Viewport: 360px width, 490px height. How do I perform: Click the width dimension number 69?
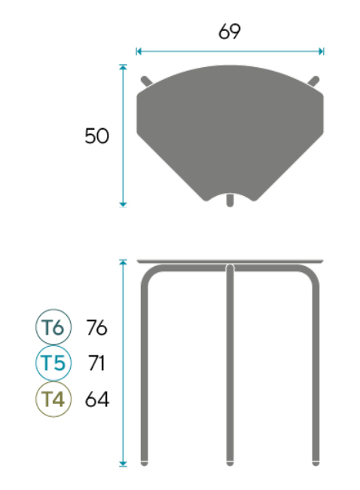pos(230,32)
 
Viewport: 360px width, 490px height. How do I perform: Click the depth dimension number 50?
pos(97,136)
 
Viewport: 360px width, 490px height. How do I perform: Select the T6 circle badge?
pos(53,327)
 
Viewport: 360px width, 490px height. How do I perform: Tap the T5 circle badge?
pos(53,363)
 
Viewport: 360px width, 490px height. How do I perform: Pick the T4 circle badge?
pos(53,399)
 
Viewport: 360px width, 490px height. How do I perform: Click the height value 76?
pos(97,327)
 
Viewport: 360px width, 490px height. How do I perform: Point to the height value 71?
pos(96,363)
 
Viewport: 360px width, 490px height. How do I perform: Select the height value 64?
pos(97,399)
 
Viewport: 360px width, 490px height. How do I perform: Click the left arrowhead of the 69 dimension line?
pos(139,51)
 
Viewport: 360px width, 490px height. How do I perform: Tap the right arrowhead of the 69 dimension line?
pos(322,51)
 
